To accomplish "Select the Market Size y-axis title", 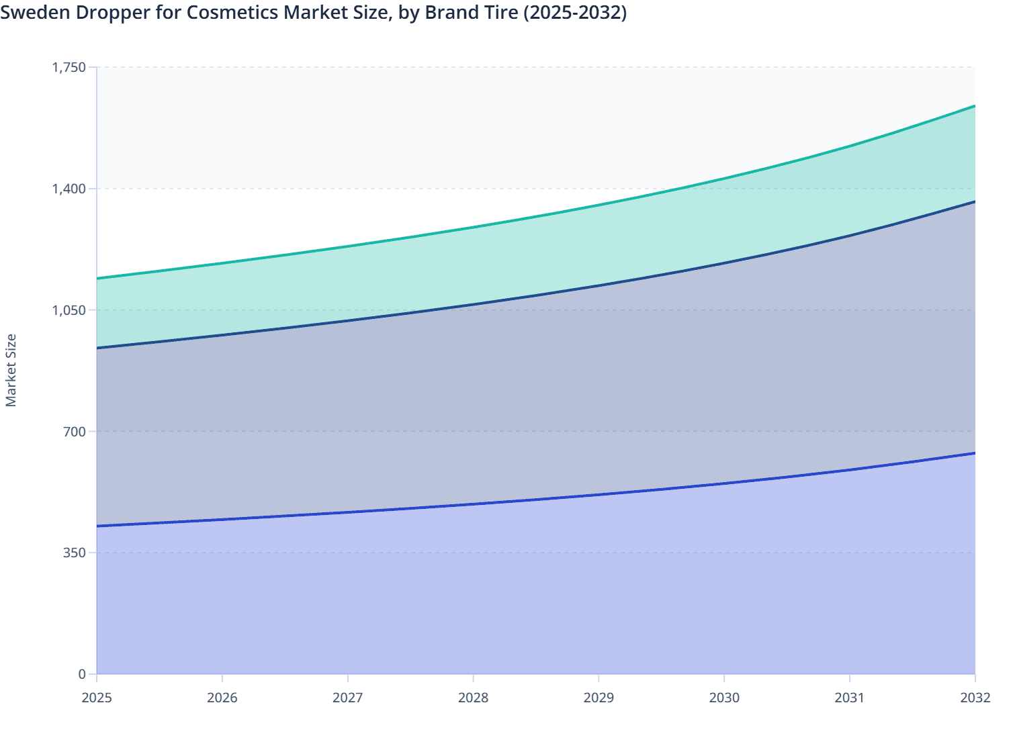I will (11, 370).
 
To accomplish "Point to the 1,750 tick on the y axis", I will (69, 67).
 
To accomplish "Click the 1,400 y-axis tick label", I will (69, 189).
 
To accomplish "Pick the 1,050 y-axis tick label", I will (69, 310).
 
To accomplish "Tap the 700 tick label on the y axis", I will (75, 431).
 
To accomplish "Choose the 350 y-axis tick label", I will (75, 553).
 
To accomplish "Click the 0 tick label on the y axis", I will (82, 674).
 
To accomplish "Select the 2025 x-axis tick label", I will (97, 698).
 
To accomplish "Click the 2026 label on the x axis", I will (222, 698).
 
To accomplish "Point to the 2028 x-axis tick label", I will (473, 698).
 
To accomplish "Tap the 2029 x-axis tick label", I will (599, 698).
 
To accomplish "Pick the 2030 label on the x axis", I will (724, 698).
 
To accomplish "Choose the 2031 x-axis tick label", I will (850, 698).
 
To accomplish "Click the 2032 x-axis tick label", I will (975, 698).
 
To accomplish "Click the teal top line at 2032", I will (974, 106).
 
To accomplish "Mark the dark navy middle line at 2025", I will (98, 348).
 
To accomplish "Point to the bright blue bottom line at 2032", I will (974, 453).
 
